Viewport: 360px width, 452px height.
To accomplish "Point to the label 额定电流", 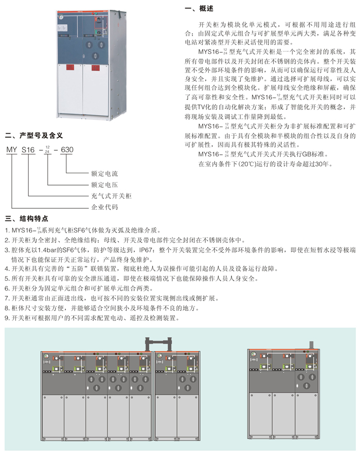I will click(x=104, y=174).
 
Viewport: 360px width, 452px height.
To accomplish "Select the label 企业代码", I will click(x=104, y=208).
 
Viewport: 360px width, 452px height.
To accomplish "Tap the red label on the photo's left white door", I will click(x=66, y=67).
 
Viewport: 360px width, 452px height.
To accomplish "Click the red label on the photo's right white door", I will click(x=95, y=67).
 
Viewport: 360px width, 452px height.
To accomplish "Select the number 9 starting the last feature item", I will click(x=6, y=318).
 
